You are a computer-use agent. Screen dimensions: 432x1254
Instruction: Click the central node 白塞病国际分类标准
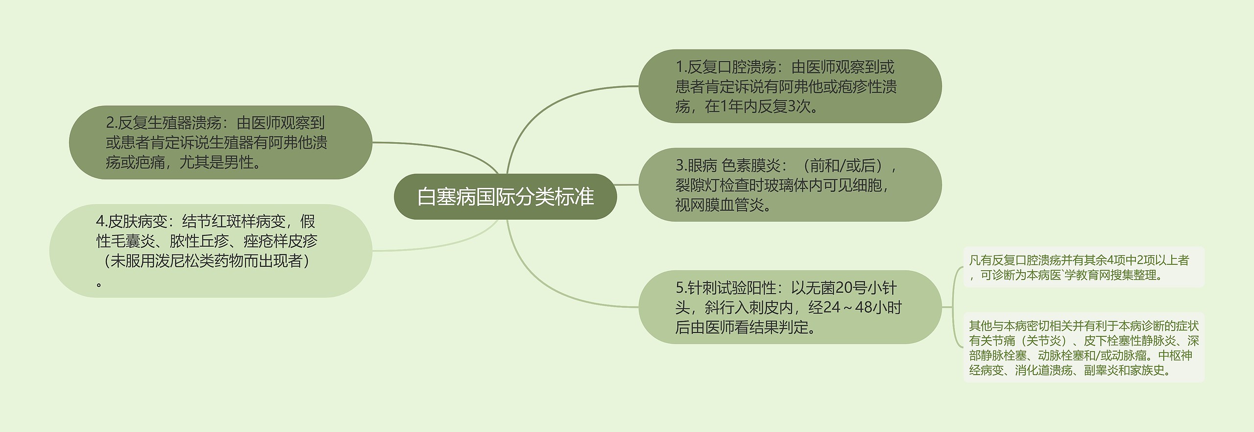505,197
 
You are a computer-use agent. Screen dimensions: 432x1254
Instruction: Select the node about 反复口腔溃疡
789,86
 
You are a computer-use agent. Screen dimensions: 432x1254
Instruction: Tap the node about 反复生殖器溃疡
220,142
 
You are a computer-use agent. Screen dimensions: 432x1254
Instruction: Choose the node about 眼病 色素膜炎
789,185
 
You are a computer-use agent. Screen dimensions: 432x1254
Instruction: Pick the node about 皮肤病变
211,251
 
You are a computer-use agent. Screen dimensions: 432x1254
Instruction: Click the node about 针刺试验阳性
789,307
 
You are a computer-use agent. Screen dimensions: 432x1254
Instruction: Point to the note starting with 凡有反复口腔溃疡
1083,267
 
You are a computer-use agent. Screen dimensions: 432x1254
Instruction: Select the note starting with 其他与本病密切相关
1083,348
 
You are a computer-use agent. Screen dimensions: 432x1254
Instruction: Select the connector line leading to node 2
441,147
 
